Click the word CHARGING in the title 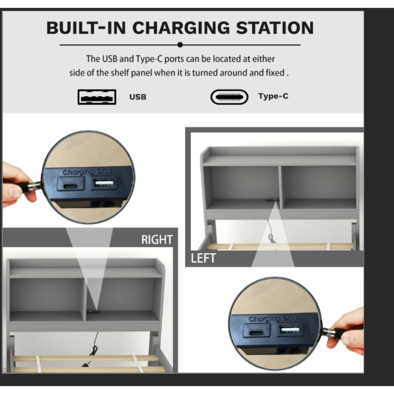[181, 28]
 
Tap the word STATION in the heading [275, 28]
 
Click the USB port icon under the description [97, 97]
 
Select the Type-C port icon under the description [230, 97]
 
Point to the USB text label [138, 97]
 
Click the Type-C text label [273, 96]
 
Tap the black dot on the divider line [180, 45]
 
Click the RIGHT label [157, 239]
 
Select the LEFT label [203, 258]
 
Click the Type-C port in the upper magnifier [70, 186]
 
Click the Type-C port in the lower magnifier [256, 333]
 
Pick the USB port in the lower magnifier [290, 330]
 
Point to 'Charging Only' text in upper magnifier [87, 172]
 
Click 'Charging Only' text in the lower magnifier [273, 318]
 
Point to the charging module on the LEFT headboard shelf [271, 201]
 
